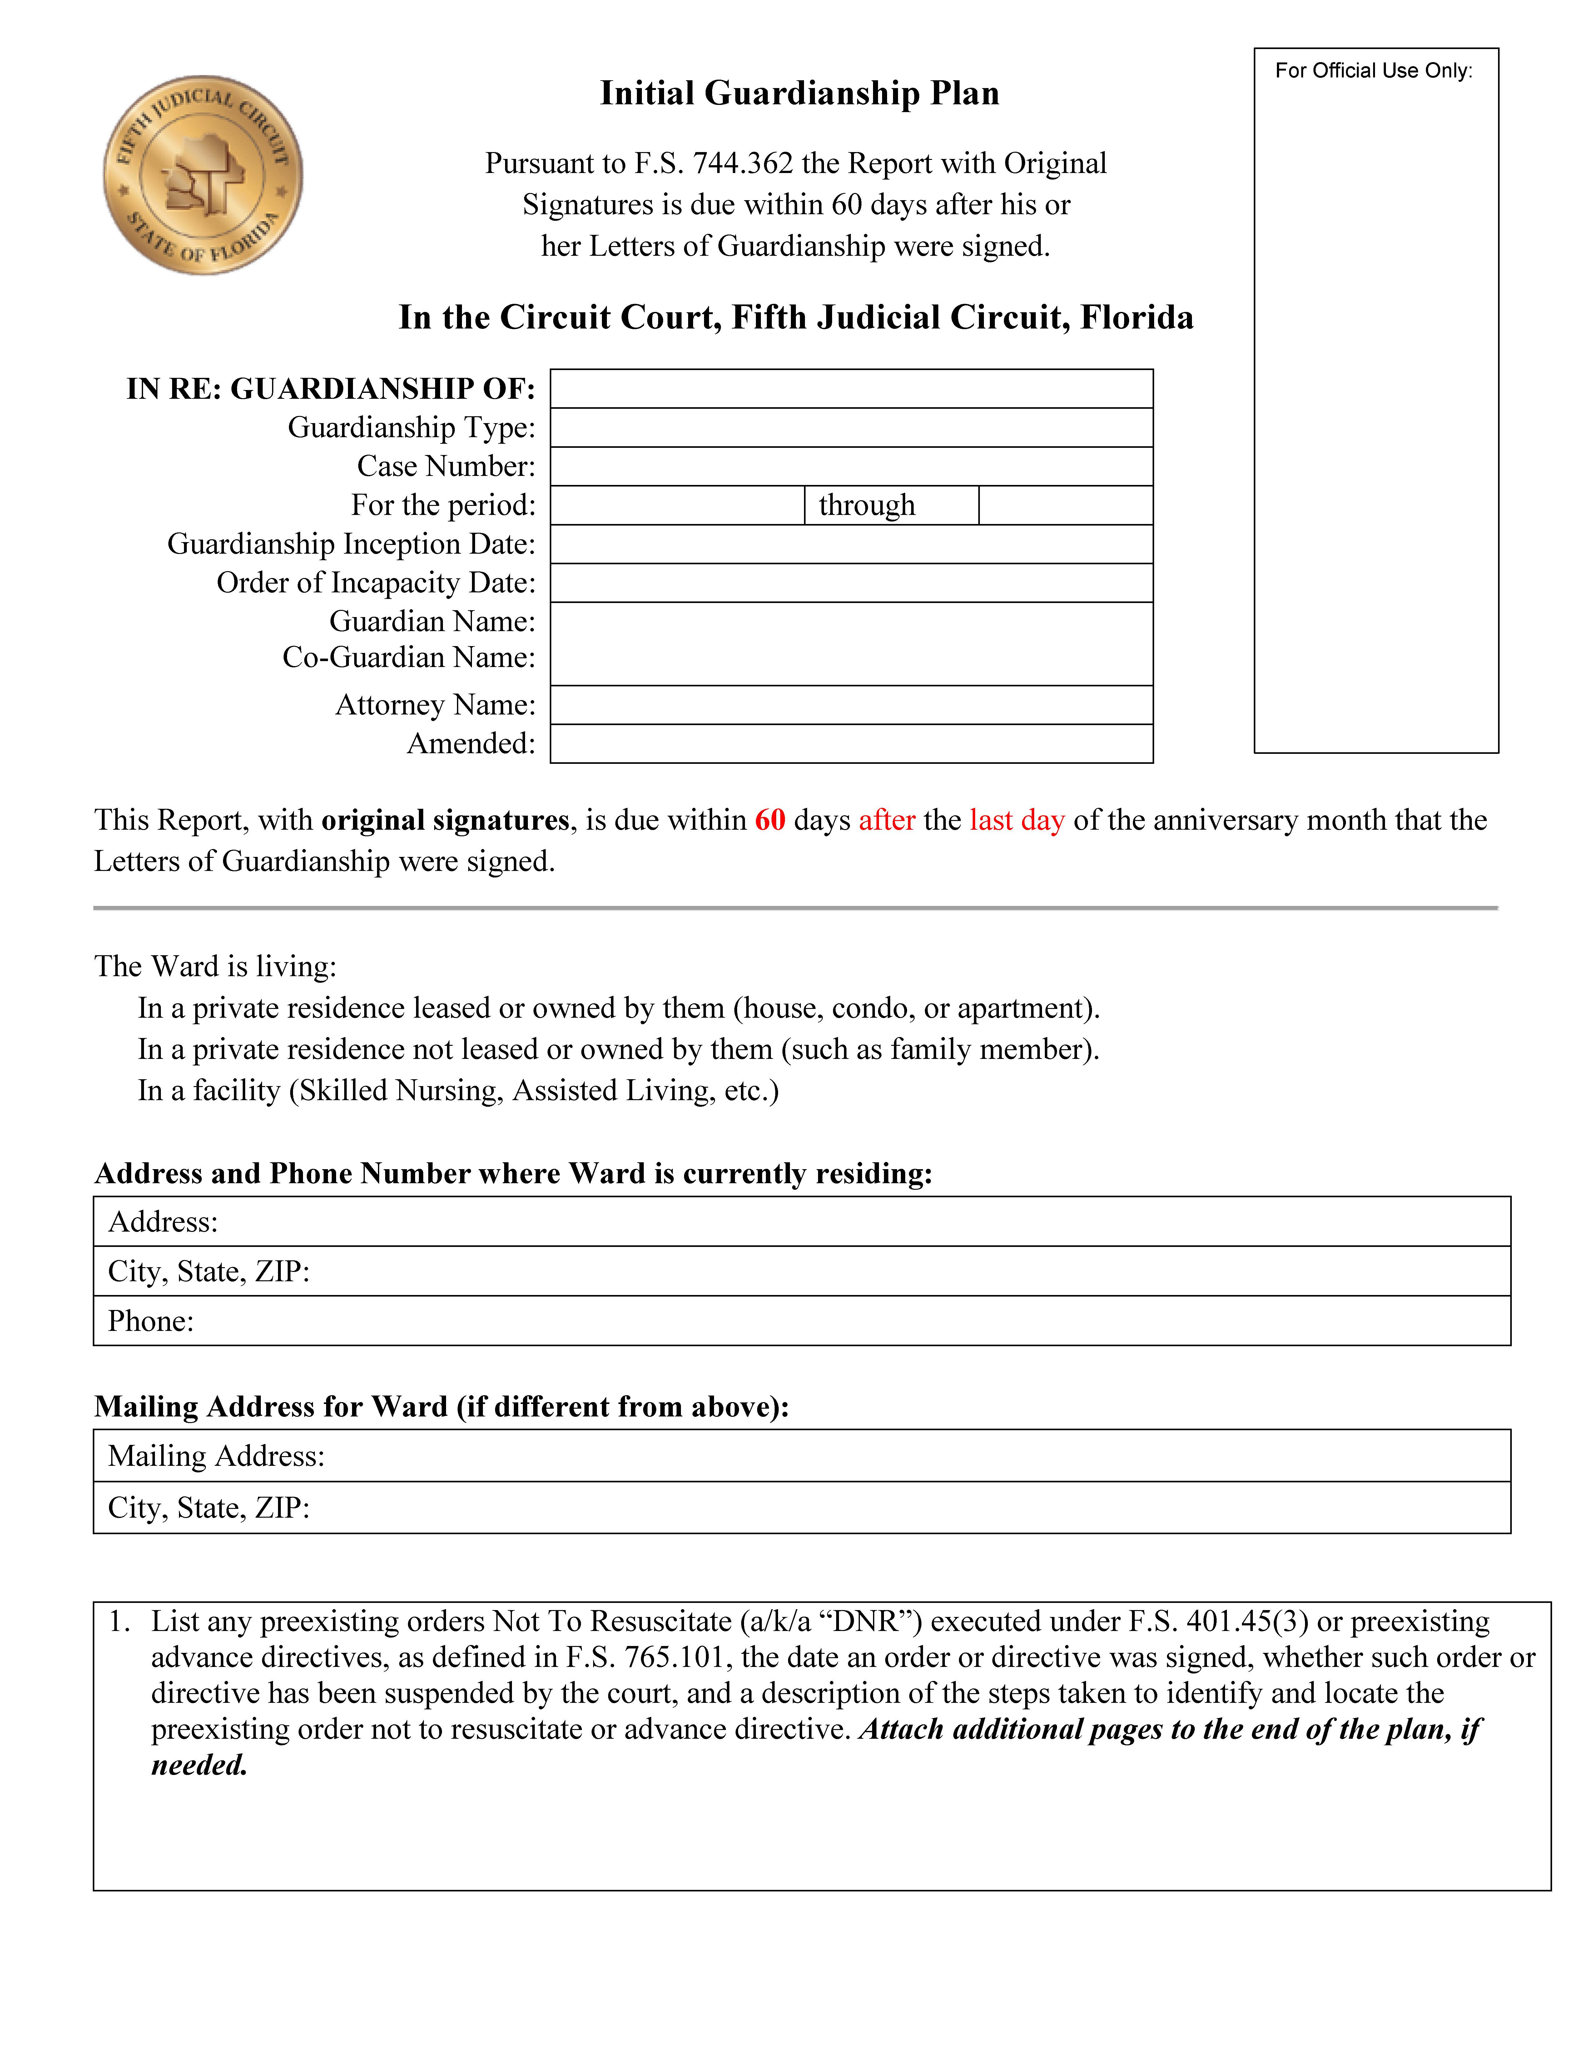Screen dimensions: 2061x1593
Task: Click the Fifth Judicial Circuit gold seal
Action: click(x=203, y=175)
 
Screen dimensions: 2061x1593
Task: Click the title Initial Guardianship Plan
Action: click(x=799, y=93)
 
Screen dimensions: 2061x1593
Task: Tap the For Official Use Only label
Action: click(x=1373, y=71)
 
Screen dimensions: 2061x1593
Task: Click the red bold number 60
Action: click(x=770, y=820)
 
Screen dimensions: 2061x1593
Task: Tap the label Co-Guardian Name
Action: click(x=409, y=658)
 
